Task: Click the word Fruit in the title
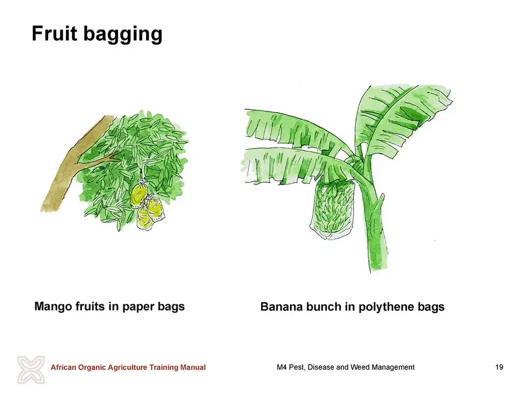[x=54, y=33]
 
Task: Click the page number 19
[x=499, y=367]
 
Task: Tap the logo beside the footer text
[x=31, y=370]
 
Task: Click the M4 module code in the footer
[x=282, y=367]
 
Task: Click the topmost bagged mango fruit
[x=138, y=195]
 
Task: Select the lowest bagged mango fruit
[x=145, y=218]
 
